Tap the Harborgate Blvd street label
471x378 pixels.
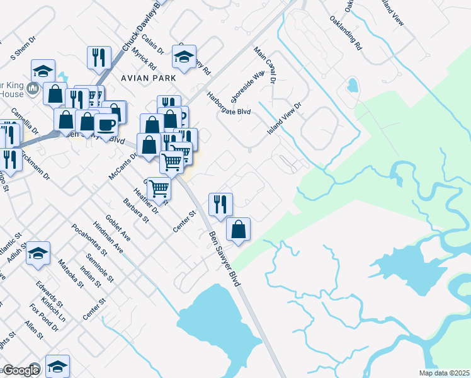point(229,104)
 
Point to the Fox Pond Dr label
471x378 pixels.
point(39,313)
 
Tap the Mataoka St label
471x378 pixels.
point(71,272)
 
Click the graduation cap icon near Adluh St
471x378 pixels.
point(38,253)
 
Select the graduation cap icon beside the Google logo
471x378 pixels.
point(57,367)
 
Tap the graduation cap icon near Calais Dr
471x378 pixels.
point(184,57)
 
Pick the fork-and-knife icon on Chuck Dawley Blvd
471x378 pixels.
point(99,58)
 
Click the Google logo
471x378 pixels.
point(21,370)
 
